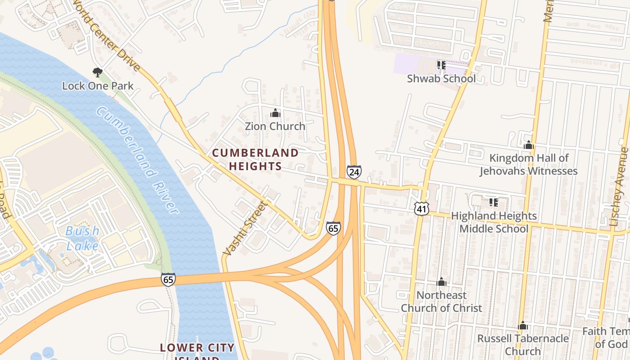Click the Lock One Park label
98,85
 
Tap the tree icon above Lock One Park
97,72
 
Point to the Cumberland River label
137,160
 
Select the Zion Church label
275,126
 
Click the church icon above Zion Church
275,113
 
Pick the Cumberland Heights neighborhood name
255,159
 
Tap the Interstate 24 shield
354,171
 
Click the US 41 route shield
422,208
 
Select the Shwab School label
441,78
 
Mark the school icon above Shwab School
441,65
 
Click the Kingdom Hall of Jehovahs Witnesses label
529,164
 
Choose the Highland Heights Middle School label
494,222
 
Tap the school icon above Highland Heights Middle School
494,202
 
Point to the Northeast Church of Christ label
441,301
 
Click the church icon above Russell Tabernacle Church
523,325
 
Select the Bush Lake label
82,238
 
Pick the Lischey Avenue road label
620,187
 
